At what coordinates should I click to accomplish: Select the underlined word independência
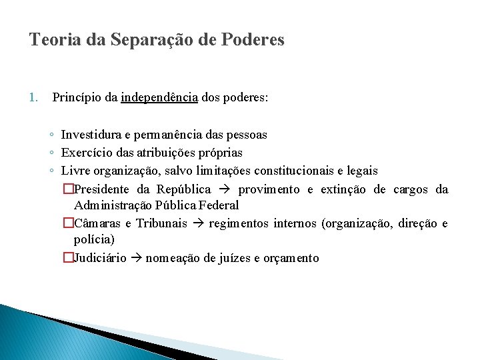click(159, 97)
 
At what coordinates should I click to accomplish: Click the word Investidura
click(91, 135)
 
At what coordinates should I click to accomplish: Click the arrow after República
click(225, 189)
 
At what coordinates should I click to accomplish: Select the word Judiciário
click(100, 258)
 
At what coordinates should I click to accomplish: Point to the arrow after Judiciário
click(136, 258)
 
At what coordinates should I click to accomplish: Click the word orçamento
click(291, 258)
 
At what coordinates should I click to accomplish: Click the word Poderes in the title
click(251, 40)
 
